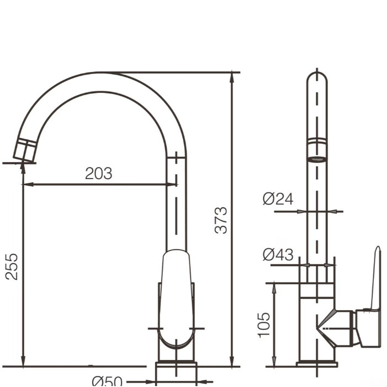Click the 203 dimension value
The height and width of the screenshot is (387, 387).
[98, 174]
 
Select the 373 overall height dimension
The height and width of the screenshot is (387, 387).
[221, 220]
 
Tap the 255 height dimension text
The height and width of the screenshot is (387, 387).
[12, 266]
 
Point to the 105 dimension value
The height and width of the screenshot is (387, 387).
[264, 325]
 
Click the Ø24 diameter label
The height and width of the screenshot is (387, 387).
[278, 198]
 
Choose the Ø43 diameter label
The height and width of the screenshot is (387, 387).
[278, 254]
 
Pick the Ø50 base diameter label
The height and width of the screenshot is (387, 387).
[107, 381]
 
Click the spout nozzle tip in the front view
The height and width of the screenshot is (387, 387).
[24, 151]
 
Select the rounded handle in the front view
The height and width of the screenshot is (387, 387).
[176, 299]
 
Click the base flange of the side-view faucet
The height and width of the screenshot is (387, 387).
[317, 364]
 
